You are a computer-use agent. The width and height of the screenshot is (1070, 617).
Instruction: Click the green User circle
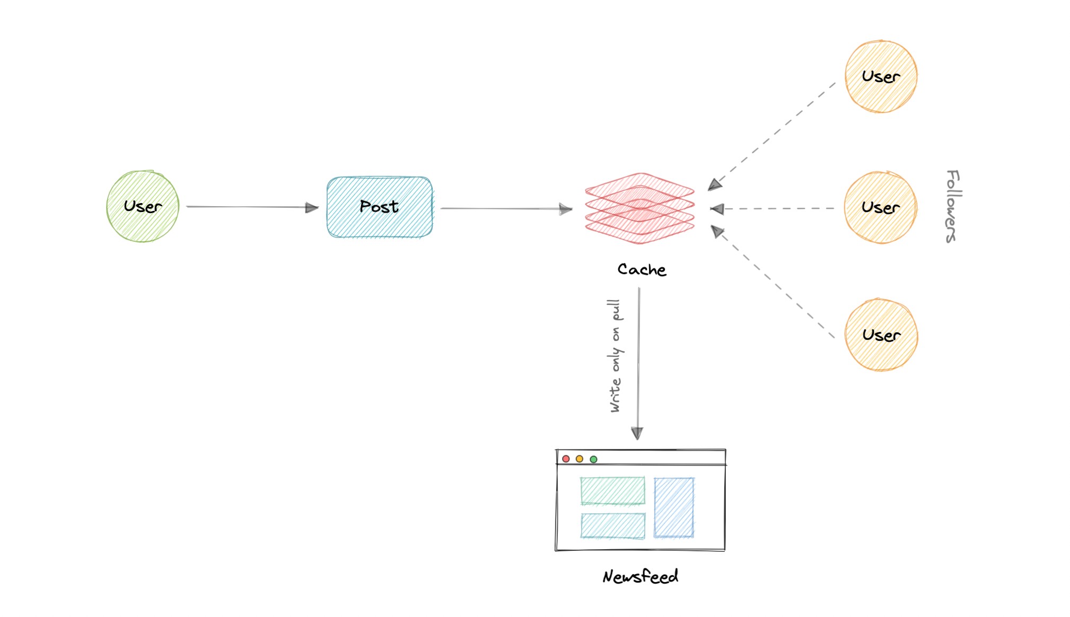coord(143,206)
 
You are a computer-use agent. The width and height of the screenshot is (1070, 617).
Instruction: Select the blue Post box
coord(380,207)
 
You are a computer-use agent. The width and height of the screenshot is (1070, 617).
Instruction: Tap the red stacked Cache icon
coord(639,208)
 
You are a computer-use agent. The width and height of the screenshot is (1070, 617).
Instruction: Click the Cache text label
coord(642,270)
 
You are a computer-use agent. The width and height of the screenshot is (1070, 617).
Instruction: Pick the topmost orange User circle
coord(881,76)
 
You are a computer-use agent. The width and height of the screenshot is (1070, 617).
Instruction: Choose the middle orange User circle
coord(881,207)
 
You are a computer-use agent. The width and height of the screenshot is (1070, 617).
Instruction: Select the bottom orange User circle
coord(881,335)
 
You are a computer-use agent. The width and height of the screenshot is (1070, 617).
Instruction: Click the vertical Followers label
coord(952,206)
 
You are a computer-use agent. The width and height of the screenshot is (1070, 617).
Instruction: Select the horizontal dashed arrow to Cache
coord(774,209)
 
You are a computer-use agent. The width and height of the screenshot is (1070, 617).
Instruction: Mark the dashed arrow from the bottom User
coord(774,284)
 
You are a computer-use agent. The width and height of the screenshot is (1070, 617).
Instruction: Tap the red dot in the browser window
coord(566,459)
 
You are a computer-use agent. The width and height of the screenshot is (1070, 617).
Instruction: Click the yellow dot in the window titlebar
coord(580,459)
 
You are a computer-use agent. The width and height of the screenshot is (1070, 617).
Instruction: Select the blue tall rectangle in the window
coord(674,507)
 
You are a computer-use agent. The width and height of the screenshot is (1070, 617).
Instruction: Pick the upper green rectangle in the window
coord(612,490)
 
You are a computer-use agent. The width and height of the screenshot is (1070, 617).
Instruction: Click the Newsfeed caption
coord(640,576)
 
